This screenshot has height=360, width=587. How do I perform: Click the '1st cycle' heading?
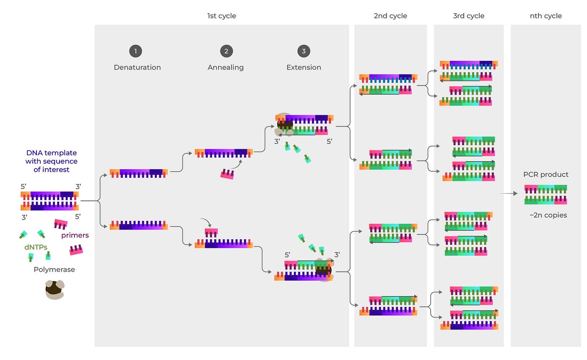point(221,16)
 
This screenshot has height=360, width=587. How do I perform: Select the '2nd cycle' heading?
point(390,16)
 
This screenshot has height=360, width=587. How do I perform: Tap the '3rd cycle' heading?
point(468,16)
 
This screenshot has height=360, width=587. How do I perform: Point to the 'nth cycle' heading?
point(545,16)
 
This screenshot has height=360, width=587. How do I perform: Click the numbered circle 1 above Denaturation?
point(135,52)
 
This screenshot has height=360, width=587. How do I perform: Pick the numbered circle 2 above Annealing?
point(226,52)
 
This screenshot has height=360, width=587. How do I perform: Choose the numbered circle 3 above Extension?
point(304,52)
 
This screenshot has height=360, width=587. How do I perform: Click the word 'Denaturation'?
point(137,67)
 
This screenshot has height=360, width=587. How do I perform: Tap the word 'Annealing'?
point(226,67)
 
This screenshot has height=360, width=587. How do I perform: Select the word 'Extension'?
point(304,67)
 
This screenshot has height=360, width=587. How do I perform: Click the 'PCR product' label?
point(545,174)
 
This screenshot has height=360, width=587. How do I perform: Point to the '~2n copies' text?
point(548,215)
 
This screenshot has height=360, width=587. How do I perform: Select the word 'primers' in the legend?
point(75,236)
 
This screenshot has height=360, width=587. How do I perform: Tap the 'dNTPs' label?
point(36,247)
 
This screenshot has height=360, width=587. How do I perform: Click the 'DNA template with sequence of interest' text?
point(51,161)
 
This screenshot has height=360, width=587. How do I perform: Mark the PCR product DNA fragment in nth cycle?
point(545,194)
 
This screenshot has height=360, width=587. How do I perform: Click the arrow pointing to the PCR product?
point(509,194)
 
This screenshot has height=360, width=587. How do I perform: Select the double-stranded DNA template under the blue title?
point(49,201)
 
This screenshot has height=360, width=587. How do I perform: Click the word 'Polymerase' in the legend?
point(54,269)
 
